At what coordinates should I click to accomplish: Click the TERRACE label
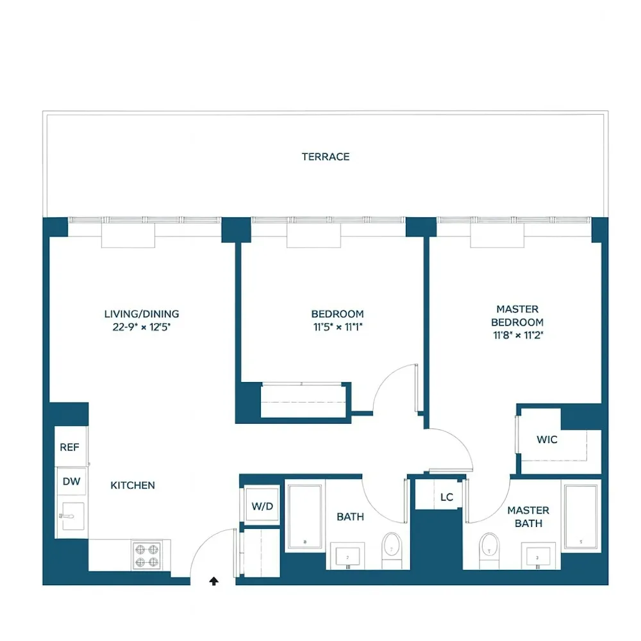326,156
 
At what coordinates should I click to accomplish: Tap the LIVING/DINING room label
142,314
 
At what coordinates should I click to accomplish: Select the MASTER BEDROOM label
517,316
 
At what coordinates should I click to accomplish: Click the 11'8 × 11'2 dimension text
517,335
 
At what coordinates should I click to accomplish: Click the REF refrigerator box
70,447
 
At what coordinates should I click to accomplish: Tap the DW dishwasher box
71,481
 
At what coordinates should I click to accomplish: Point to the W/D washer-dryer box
262,506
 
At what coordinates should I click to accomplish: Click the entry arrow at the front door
214,581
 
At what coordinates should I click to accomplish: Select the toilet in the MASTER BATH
489,546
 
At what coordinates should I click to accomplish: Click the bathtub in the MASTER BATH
581,516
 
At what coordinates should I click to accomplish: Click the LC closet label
447,497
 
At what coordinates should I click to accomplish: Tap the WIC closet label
547,440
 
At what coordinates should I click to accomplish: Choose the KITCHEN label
133,485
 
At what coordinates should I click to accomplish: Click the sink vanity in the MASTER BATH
537,555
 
